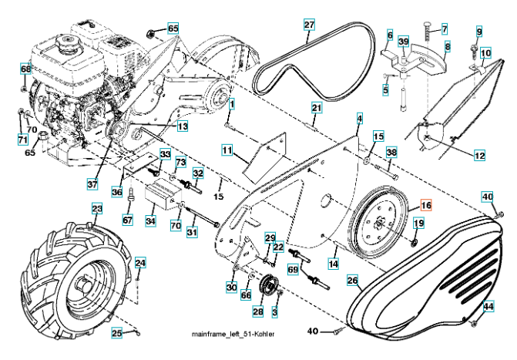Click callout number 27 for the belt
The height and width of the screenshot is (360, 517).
pyautogui.click(x=308, y=25)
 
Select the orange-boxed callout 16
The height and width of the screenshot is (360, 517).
pyautogui.click(x=426, y=206)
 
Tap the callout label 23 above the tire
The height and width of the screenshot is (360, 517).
pyautogui.click(x=96, y=208)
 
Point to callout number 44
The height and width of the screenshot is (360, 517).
pyautogui.click(x=488, y=307)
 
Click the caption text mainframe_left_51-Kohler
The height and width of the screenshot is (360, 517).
pyautogui.click(x=233, y=333)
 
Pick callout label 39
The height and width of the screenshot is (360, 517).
pyautogui.click(x=404, y=41)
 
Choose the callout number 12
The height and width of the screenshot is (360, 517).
pyautogui.click(x=479, y=156)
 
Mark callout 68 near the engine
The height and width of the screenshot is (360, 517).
pyautogui.click(x=25, y=69)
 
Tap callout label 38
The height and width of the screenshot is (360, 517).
pyautogui.click(x=391, y=153)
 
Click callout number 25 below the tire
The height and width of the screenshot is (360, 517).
pyautogui.click(x=117, y=333)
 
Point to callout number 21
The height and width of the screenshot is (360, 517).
pyautogui.click(x=316, y=106)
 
